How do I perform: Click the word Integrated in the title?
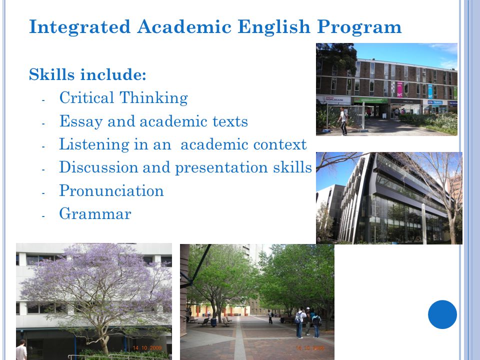tap(80, 27)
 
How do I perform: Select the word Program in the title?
tap(359, 27)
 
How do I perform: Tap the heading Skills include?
tap(87, 74)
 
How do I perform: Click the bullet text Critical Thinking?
tap(123, 98)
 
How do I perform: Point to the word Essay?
tap(81, 121)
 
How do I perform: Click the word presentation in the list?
tap(221, 168)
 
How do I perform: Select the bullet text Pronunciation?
tap(111, 190)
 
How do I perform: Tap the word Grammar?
tap(95, 213)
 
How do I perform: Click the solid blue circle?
tap(442, 314)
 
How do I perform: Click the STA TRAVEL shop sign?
tap(434, 102)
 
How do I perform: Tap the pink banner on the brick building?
tap(399, 89)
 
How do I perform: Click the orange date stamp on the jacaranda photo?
tap(147, 348)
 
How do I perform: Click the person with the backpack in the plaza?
tap(300, 322)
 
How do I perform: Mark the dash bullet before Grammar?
tap(43, 216)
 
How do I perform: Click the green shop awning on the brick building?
tap(370, 100)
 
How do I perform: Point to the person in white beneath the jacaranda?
tap(21, 350)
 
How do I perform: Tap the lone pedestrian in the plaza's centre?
tap(270, 317)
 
